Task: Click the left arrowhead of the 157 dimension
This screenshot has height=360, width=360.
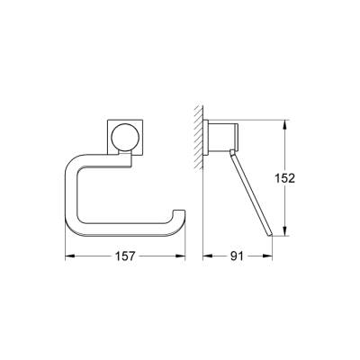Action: (68, 255)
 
